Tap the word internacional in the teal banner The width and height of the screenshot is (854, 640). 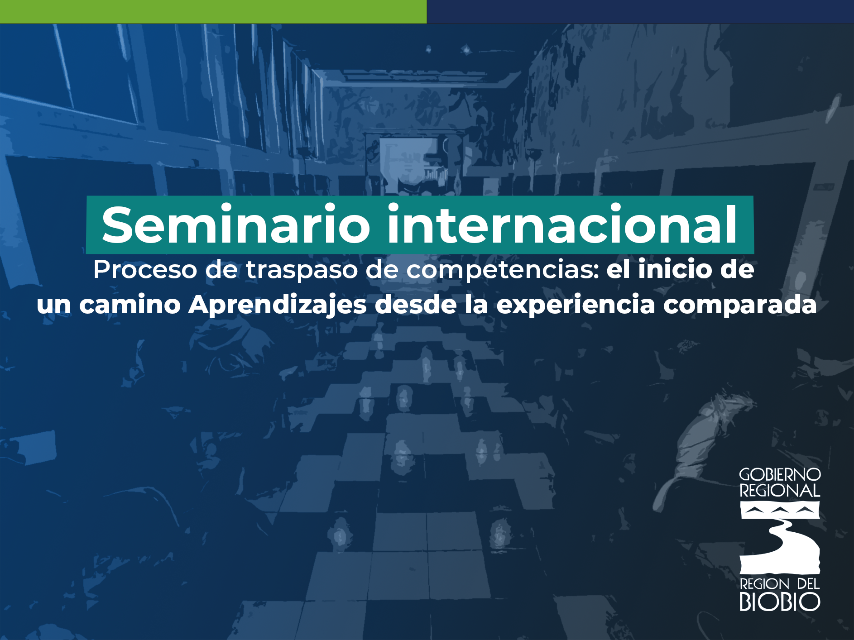(562, 224)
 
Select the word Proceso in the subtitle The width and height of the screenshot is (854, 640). (145, 270)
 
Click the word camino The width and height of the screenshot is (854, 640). (130, 305)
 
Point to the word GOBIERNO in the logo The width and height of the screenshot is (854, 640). (780, 475)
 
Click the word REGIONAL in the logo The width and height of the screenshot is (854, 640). (780, 491)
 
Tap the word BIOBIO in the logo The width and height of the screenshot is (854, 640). (780, 602)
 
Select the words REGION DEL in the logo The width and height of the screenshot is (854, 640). (780, 584)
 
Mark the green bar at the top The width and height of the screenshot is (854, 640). (213, 11)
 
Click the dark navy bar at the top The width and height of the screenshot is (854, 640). (640, 11)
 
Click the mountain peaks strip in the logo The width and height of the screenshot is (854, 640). (780, 511)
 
